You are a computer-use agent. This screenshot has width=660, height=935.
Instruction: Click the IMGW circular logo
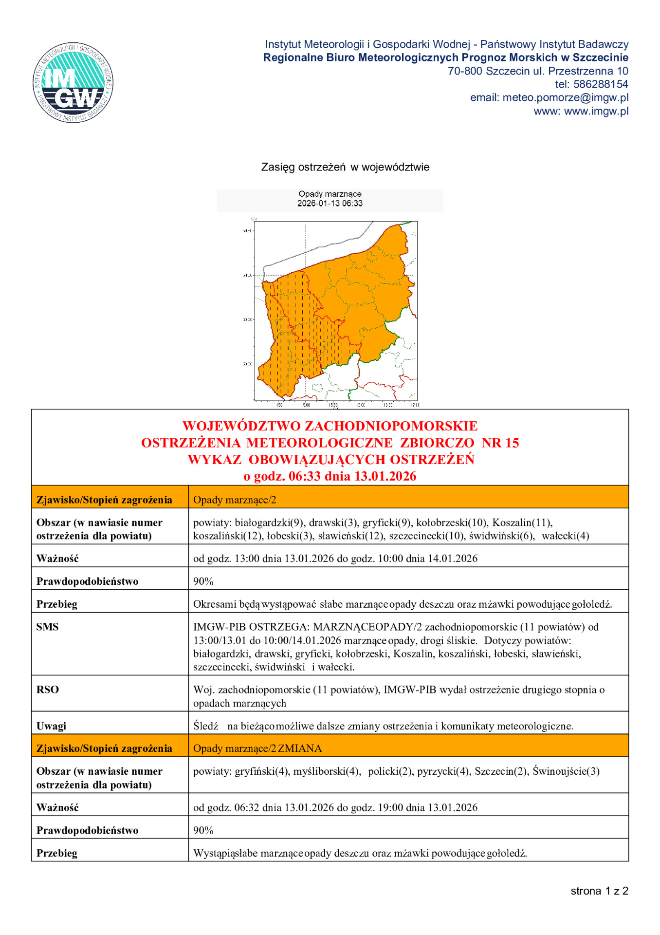73,82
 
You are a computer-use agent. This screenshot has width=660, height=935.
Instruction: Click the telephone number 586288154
600,84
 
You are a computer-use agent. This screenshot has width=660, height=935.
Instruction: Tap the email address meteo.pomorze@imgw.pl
565,97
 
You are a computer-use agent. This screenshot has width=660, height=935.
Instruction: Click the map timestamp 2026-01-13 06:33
330,204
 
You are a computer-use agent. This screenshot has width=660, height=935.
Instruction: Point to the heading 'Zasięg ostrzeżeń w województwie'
345,167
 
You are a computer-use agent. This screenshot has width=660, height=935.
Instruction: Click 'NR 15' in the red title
500,443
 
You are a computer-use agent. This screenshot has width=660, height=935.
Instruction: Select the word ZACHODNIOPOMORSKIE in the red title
391,426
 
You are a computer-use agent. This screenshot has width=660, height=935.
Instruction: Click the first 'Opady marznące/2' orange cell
235,500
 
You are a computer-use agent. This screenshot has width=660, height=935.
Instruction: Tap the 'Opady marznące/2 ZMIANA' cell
257,748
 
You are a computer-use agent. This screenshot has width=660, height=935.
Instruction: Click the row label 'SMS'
47,627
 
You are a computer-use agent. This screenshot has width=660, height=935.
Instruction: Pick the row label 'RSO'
47,690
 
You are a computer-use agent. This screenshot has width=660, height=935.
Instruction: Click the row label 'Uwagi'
51,726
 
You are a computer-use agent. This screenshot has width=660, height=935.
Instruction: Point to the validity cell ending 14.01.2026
335,559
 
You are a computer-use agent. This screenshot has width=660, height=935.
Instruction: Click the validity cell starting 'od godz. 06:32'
335,807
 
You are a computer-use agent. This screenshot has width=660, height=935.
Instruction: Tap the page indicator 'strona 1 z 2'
599,891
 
